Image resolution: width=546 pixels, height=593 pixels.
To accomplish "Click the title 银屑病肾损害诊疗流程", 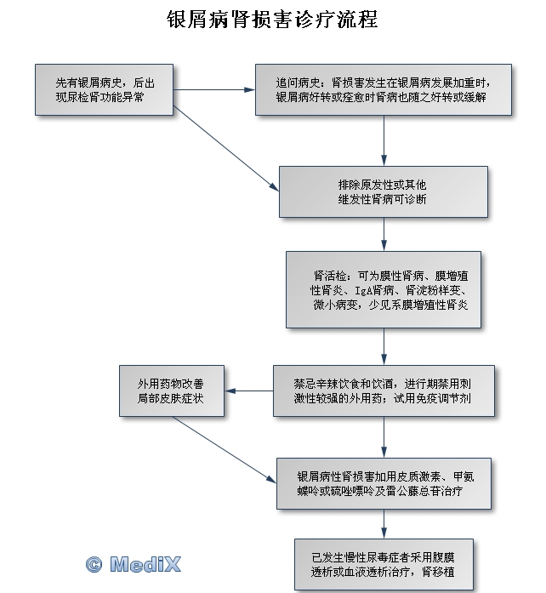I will pos(273,19).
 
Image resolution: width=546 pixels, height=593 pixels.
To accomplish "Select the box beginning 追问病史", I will pos(384,89).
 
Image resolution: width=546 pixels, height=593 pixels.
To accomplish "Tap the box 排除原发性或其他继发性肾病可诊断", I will pos(384,191).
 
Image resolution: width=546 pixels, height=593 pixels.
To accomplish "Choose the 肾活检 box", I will pos(384,289).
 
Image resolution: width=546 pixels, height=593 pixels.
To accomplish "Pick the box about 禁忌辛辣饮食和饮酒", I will pos(384,391).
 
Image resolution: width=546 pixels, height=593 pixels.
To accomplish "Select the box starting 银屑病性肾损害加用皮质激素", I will pos(384,483).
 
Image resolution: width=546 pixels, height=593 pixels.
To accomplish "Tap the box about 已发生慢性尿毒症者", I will pos(384,564).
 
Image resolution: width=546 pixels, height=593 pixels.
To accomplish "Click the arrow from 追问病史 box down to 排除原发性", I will pos(384,140).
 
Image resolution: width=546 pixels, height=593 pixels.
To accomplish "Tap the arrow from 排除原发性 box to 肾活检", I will pos(384,234).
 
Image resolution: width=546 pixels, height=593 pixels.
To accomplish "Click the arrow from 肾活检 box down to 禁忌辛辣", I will pos(384,347).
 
